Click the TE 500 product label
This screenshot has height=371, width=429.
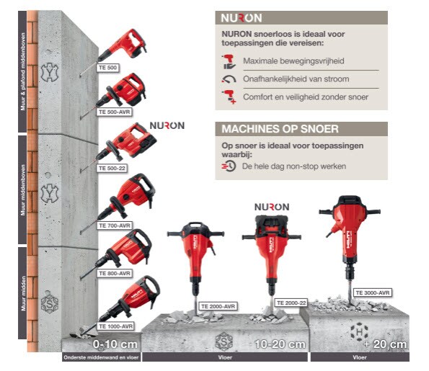108,68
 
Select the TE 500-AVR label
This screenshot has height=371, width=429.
115,112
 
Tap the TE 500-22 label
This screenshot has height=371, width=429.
112,168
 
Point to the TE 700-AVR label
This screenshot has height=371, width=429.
115,225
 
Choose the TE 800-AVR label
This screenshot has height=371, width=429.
115,273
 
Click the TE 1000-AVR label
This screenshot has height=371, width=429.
116,326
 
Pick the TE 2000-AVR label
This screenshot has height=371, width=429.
218,306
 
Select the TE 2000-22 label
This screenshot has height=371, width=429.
291,303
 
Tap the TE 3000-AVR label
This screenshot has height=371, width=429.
372,292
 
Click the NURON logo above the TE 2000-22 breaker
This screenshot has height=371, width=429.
272,207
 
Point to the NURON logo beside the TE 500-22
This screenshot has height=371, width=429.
167,125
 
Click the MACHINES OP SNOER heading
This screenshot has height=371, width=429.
280,129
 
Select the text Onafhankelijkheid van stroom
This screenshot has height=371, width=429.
296,79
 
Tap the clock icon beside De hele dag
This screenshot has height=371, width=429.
229,166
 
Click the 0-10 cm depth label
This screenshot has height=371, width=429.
115,344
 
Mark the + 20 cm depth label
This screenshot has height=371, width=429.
385,344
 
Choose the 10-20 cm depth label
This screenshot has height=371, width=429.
280,344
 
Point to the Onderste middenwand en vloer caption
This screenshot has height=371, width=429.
101,357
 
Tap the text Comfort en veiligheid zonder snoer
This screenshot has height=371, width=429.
306,97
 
